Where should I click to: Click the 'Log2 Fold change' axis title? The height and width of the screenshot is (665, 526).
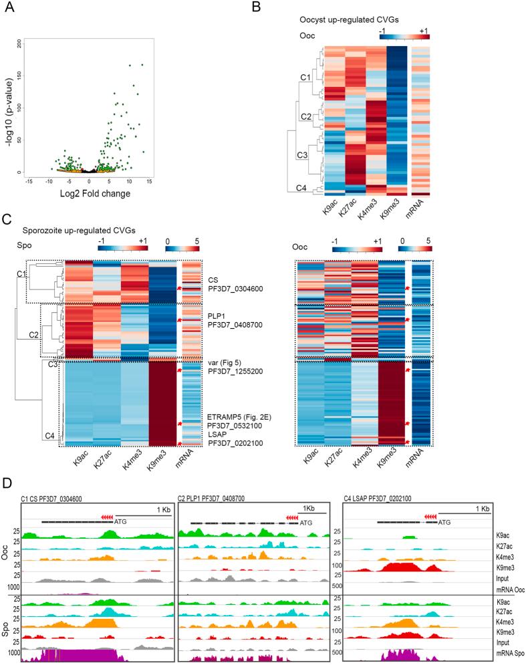[x=94, y=194]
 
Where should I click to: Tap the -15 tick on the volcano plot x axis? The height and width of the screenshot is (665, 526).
[x=29, y=181]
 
